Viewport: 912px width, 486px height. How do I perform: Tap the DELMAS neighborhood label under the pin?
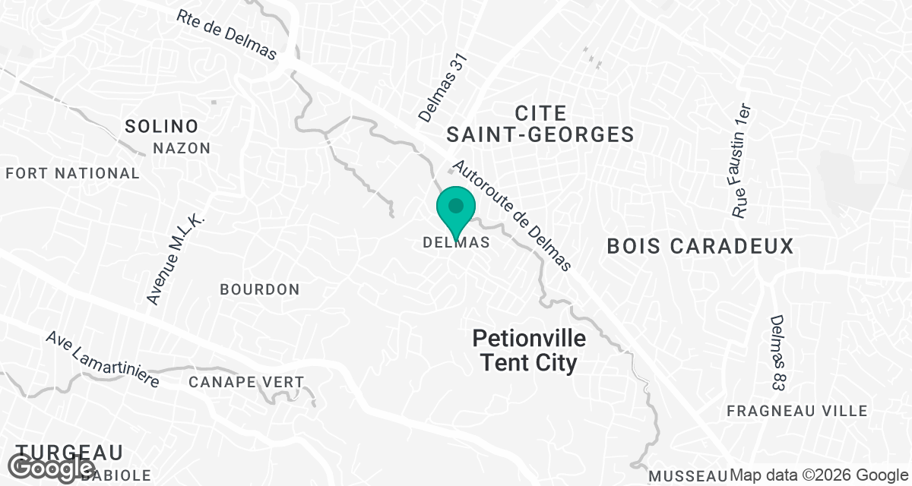tap(455, 243)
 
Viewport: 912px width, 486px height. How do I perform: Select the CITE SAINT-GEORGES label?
tap(540, 124)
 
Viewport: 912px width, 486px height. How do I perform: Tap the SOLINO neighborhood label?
tap(161, 126)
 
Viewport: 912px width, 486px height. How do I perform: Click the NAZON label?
tap(182, 148)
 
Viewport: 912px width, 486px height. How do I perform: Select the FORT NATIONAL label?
tap(73, 173)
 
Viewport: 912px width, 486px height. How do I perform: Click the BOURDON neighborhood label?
tap(260, 289)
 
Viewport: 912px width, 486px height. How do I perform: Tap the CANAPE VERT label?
tap(246, 382)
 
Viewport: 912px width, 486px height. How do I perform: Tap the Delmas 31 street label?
tap(441, 87)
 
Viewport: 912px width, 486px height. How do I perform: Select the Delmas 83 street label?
tap(777, 353)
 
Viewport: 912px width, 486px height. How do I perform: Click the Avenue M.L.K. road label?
tap(176, 258)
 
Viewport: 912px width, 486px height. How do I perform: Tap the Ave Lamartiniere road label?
tap(102, 359)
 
